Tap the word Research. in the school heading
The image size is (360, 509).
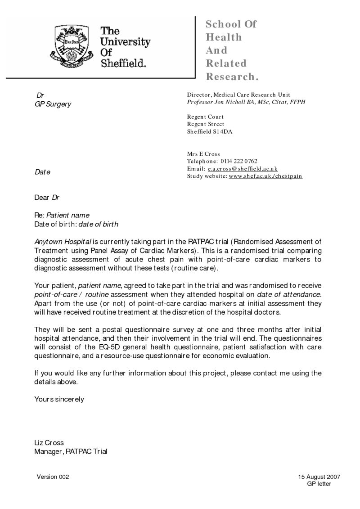point(232,77)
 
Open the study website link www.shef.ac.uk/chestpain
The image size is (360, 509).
point(265,176)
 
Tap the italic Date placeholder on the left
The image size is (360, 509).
point(43,172)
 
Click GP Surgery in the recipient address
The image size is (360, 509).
point(53,104)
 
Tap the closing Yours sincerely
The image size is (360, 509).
point(59,399)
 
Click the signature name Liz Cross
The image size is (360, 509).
point(49,443)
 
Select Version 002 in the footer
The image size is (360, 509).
point(53,477)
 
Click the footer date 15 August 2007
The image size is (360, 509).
point(319,477)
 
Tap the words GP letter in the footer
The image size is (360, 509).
point(319,484)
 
